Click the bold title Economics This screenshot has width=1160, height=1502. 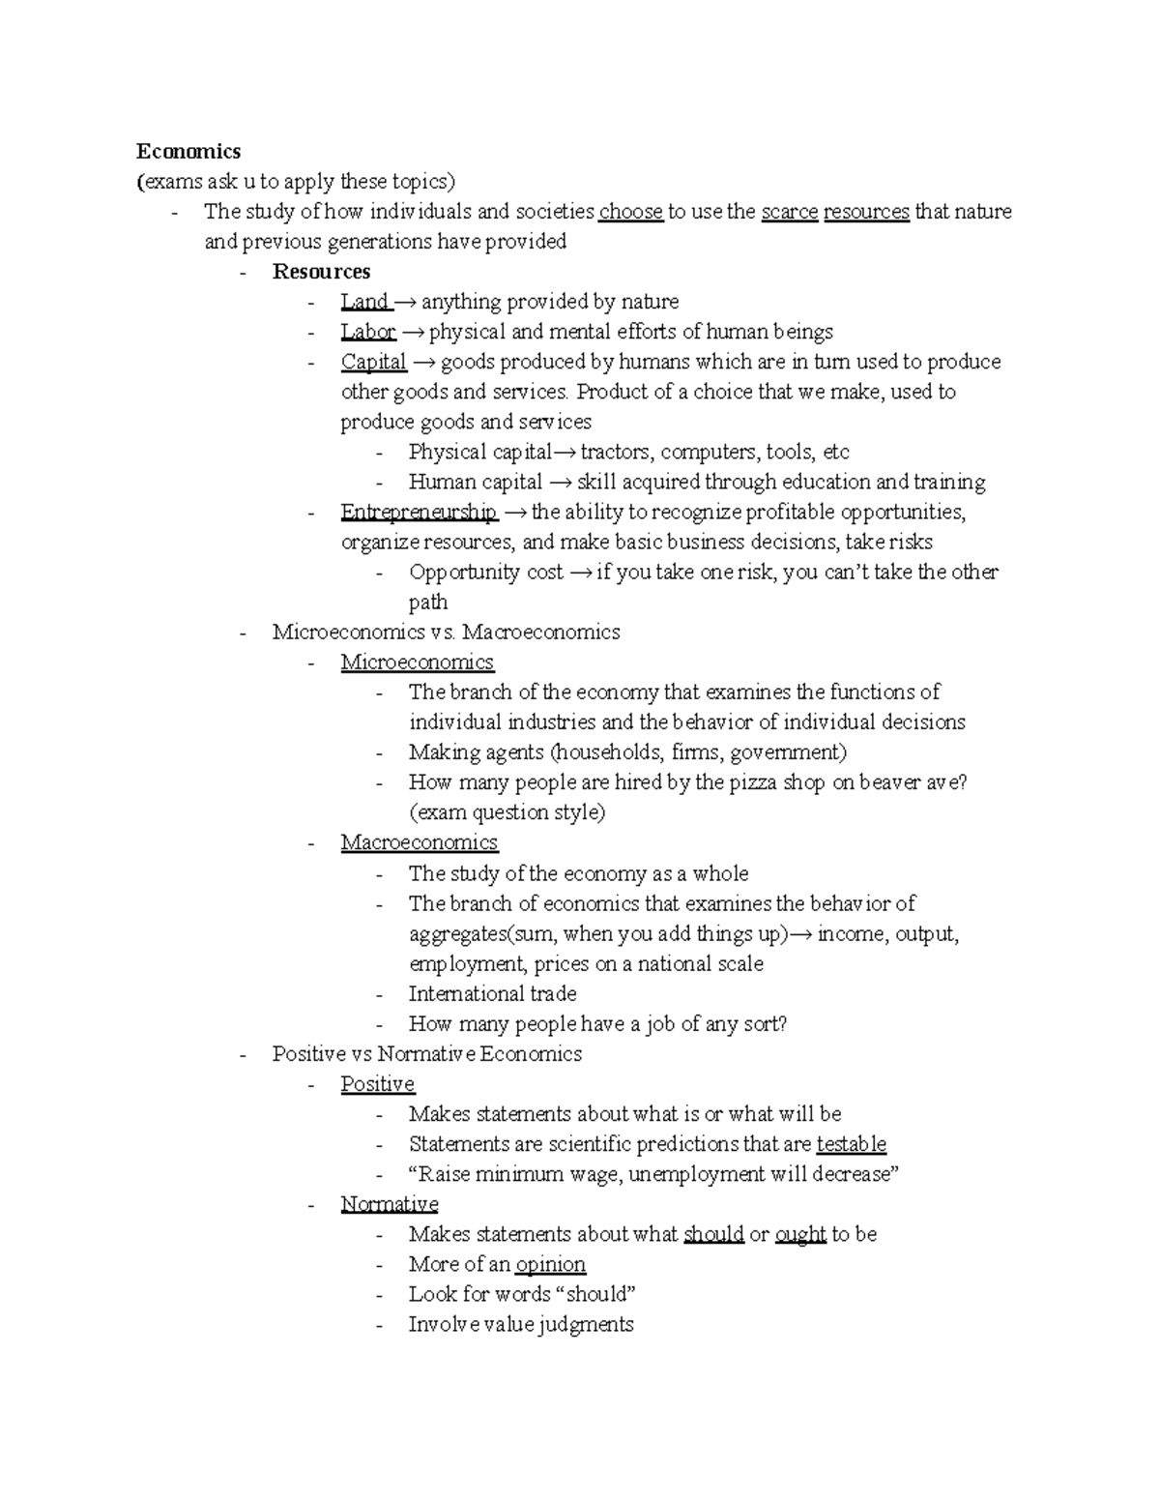(188, 152)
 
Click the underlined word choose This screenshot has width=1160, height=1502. (630, 212)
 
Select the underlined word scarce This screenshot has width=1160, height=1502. (789, 212)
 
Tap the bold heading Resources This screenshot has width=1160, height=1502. (321, 272)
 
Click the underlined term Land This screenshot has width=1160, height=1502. (364, 302)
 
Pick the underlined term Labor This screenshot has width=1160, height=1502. (367, 332)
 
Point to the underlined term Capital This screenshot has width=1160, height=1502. (373, 362)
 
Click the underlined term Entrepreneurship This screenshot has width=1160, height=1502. (419, 512)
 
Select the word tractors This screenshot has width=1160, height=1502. (616, 453)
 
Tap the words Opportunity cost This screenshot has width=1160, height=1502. (485, 573)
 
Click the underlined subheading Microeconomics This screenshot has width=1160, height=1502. (417, 663)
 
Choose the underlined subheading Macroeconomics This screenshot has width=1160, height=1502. (419, 842)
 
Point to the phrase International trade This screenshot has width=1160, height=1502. (492, 994)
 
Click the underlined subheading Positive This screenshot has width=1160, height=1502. (377, 1084)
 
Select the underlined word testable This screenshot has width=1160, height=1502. (851, 1144)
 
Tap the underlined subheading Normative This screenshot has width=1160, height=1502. (389, 1204)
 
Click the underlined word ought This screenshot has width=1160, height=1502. (800, 1234)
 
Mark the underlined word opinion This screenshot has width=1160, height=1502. (550, 1264)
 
